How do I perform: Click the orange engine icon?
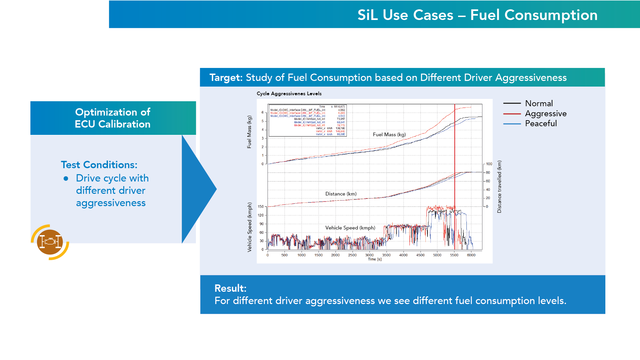coord(50,242)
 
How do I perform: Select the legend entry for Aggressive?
coord(545,114)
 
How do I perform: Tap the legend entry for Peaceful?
coord(541,124)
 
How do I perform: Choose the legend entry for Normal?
coord(539,104)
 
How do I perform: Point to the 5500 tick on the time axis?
coord(454,255)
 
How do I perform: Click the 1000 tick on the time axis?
coord(302,255)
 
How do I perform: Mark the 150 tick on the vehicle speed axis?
coord(261,206)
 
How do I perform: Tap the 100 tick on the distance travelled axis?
coord(489,164)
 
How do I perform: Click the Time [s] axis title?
coord(374,259)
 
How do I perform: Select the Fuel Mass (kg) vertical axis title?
coord(249,132)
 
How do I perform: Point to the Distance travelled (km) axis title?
coord(499,186)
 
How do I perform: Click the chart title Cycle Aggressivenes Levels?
coord(289,94)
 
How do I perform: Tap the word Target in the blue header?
coord(226,78)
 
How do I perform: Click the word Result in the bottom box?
coord(230,288)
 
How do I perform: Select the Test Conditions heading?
coord(99,165)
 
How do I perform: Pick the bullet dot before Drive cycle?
coord(66,179)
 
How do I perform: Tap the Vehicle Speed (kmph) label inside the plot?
coord(350,228)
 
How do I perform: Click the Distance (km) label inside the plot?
coord(341,194)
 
